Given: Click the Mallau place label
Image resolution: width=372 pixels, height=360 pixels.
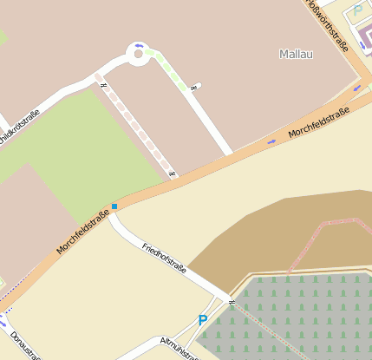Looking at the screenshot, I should [x=296, y=54].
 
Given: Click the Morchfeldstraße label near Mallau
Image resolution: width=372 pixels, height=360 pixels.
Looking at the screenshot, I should [x=319, y=123].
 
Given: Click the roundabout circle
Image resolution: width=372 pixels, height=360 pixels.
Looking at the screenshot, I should [x=136, y=56].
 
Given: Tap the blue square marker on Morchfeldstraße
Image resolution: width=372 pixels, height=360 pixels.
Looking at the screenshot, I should [x=114, y=206].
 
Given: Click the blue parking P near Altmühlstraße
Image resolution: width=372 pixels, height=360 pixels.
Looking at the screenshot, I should [x=203, y=320].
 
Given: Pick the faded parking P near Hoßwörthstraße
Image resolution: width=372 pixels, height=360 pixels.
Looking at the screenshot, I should [x=357, y=11].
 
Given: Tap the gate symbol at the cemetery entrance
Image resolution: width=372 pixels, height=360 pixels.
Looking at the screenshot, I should [x=232, y=301].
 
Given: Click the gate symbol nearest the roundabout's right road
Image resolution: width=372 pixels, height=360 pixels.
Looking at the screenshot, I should [x=199, y=85].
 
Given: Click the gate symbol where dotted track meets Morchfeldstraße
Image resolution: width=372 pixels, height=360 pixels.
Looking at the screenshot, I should [x=173, y=174].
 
